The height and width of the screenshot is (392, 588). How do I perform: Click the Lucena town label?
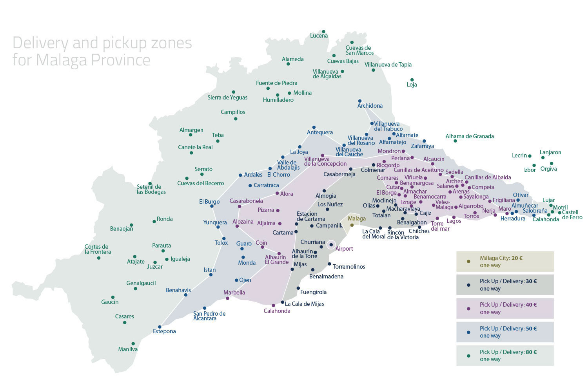[319, 36]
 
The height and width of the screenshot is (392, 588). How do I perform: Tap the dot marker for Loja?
[412, 80]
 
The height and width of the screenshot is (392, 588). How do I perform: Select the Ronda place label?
[165, 219]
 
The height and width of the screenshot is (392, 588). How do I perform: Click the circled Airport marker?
[331, 245]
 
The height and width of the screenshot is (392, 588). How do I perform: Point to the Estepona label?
[164, 331]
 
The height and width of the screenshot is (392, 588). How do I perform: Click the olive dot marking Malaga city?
[352, 225]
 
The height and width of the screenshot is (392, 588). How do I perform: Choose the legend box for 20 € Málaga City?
[505, 262]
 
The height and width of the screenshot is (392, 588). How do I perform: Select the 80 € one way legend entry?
[505, 356]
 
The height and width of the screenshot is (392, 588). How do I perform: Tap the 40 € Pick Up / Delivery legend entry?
[505, 308]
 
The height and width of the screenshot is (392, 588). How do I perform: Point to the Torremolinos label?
[349, 267]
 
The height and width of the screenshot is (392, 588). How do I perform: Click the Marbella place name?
[234, 293]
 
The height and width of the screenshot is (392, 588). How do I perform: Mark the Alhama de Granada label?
[470, 136]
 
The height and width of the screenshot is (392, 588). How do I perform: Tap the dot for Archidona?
[360, 101]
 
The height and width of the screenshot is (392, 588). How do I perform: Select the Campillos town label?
[233, 112]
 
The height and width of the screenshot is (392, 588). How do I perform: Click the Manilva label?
[128, 349]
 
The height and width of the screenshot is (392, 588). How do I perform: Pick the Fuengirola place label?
[313, 292]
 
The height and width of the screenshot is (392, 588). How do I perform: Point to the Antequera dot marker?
[314, 127]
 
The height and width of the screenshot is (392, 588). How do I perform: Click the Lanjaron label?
[550, 152]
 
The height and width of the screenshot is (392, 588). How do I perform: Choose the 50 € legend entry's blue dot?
[468, 332]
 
